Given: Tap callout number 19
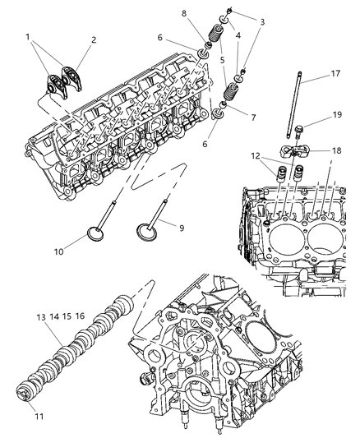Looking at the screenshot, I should pos(337,117).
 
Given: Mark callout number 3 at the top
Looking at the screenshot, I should pos(261,21).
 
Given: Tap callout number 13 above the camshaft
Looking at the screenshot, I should pos(39,316).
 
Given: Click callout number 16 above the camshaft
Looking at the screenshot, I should pos(80,316).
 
